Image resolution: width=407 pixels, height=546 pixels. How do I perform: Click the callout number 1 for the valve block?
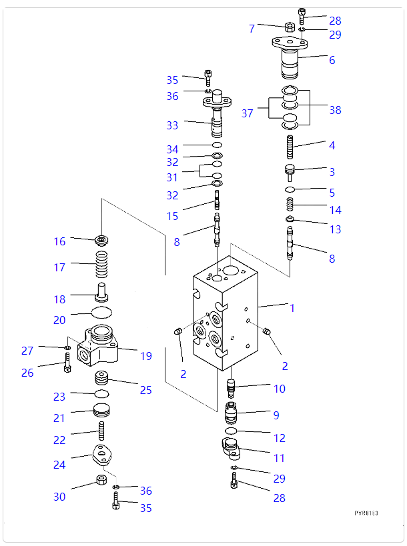coord(292,308)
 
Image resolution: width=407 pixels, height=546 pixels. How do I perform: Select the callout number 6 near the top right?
coord(332,60)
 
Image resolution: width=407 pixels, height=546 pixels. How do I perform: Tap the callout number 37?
coord(248,114)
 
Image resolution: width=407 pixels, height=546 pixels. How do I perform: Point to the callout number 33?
coord(173,125)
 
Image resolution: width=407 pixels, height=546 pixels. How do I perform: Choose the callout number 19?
coord(146,356)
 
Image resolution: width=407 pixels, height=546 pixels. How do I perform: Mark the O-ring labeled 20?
coord(101,313)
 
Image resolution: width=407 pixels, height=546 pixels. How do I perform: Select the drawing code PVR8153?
coord(366,513)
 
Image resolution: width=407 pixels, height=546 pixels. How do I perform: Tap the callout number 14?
coord(336,210)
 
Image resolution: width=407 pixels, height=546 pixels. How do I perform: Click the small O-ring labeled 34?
coord(217,145)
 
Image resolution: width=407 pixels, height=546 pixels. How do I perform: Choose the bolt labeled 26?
coord(67,364)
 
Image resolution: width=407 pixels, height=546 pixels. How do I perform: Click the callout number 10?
coord(279,389)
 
